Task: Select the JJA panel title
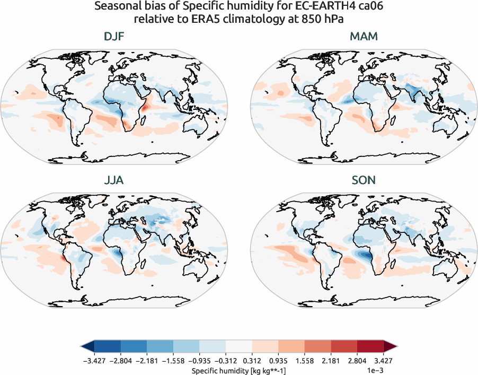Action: [x=114, y=180]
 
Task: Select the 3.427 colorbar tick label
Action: [x=383, y=361]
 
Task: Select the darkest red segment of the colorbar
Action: [x=370, y=347]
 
